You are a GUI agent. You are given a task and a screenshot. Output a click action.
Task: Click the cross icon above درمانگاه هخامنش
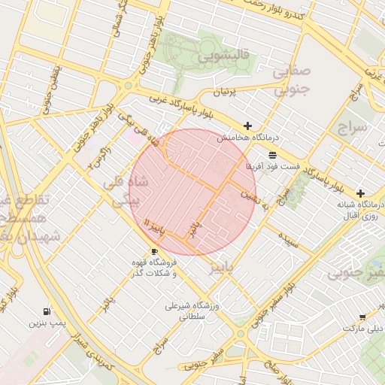coord(247,126)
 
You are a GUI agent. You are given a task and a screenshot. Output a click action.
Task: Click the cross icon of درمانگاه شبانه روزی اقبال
coord(361,193)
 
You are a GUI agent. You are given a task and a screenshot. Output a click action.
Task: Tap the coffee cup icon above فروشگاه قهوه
coord(154,251)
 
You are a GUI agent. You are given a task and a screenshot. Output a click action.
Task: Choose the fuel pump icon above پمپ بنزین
coord(48,311)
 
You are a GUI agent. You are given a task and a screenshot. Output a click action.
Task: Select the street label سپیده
coord(289,240)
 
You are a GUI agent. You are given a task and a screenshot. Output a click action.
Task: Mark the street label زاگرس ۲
coord(98,156)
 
